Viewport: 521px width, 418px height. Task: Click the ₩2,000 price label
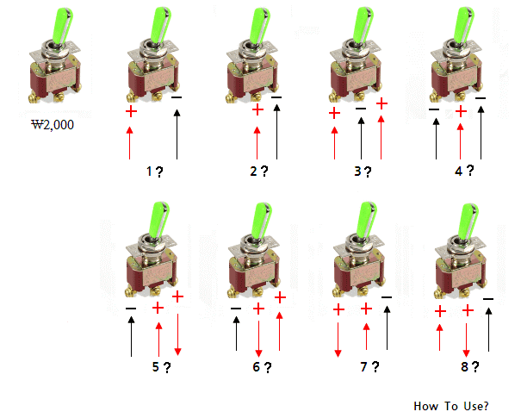(53, 125)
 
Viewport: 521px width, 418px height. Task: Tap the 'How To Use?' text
(451, 405)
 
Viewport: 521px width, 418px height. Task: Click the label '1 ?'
(156, 171)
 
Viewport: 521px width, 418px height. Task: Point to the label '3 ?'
(363, 171)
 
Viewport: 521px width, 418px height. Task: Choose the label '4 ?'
(465, 171)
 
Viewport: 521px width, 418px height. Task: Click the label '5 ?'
(161, 367)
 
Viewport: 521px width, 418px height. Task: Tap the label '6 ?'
(262, 367)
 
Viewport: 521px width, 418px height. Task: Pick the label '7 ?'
(369, 367)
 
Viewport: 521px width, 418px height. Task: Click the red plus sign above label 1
(130, 111)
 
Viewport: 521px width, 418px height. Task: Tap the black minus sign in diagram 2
(276, 99)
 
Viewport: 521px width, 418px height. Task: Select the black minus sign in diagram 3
(360, 109)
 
